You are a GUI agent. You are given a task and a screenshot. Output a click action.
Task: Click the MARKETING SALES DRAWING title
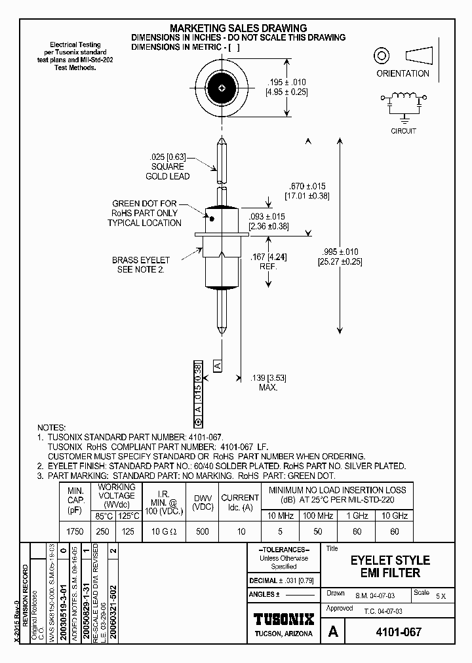click(238, 28)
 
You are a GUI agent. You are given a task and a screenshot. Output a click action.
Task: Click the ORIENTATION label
click(403, 74)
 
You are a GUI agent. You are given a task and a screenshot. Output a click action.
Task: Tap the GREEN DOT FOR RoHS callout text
click(145, 214)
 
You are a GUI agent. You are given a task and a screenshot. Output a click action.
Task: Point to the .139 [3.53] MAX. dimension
click(269, 383)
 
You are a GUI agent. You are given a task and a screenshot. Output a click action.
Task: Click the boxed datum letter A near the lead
click(218, 365)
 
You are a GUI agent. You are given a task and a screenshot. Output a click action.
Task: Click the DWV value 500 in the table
click(202, 531)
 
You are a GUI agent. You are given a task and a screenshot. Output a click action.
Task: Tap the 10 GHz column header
click(395, 516)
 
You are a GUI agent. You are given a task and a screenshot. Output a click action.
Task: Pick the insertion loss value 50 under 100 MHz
click(318, 531)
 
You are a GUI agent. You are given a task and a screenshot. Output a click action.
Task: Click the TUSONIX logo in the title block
click(284, 619)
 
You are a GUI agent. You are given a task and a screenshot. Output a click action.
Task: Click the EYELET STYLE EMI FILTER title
click(390, 567)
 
